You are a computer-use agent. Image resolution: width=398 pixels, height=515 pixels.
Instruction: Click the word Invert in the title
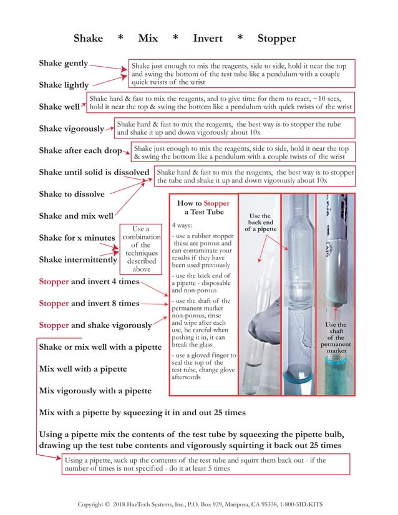207,39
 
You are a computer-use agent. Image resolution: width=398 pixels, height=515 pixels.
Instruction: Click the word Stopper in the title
276,39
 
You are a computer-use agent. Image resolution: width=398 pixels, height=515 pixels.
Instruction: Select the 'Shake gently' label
63,64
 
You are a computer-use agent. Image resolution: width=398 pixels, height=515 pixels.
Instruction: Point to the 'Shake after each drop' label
80,151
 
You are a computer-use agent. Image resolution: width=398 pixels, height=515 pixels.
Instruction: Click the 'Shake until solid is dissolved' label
94,172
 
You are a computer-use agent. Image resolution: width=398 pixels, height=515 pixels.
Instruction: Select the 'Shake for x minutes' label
77,238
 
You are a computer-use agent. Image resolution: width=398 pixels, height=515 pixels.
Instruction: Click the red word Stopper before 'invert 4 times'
54,282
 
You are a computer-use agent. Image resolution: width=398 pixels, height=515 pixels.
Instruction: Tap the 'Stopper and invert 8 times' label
89,304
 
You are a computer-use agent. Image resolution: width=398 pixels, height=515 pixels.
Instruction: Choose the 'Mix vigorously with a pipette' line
95,391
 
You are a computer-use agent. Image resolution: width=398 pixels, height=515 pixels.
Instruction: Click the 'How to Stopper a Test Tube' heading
203,208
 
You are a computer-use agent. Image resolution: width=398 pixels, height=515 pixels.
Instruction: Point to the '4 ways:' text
182,224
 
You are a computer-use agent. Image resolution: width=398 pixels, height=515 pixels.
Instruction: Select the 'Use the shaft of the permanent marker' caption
336,337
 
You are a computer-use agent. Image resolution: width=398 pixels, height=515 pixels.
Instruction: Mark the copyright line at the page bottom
200,504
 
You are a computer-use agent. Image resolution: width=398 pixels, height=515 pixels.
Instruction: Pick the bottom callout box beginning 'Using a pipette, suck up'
206,464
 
